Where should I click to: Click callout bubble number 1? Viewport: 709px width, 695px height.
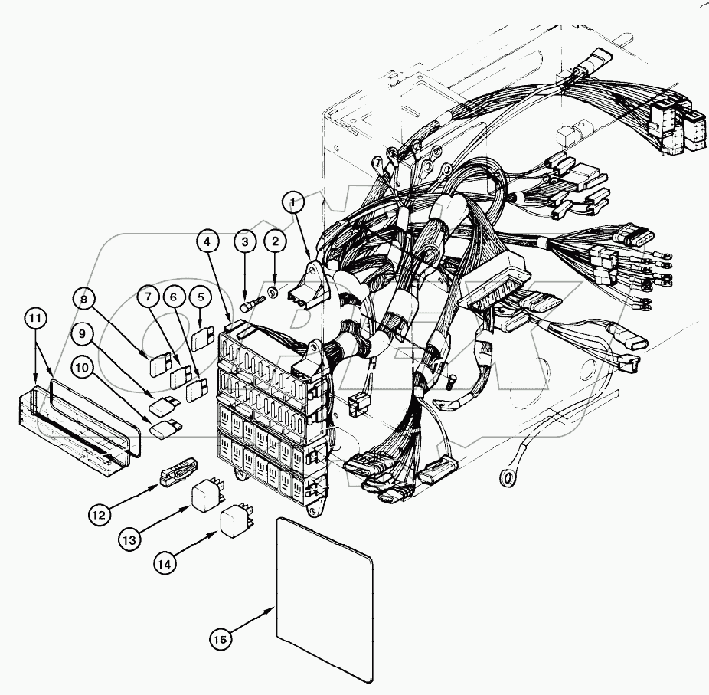click(292, 202)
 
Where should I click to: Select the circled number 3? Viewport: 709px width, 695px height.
click(245, 242)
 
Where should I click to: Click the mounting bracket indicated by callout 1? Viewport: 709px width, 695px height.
click(309, 284)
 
